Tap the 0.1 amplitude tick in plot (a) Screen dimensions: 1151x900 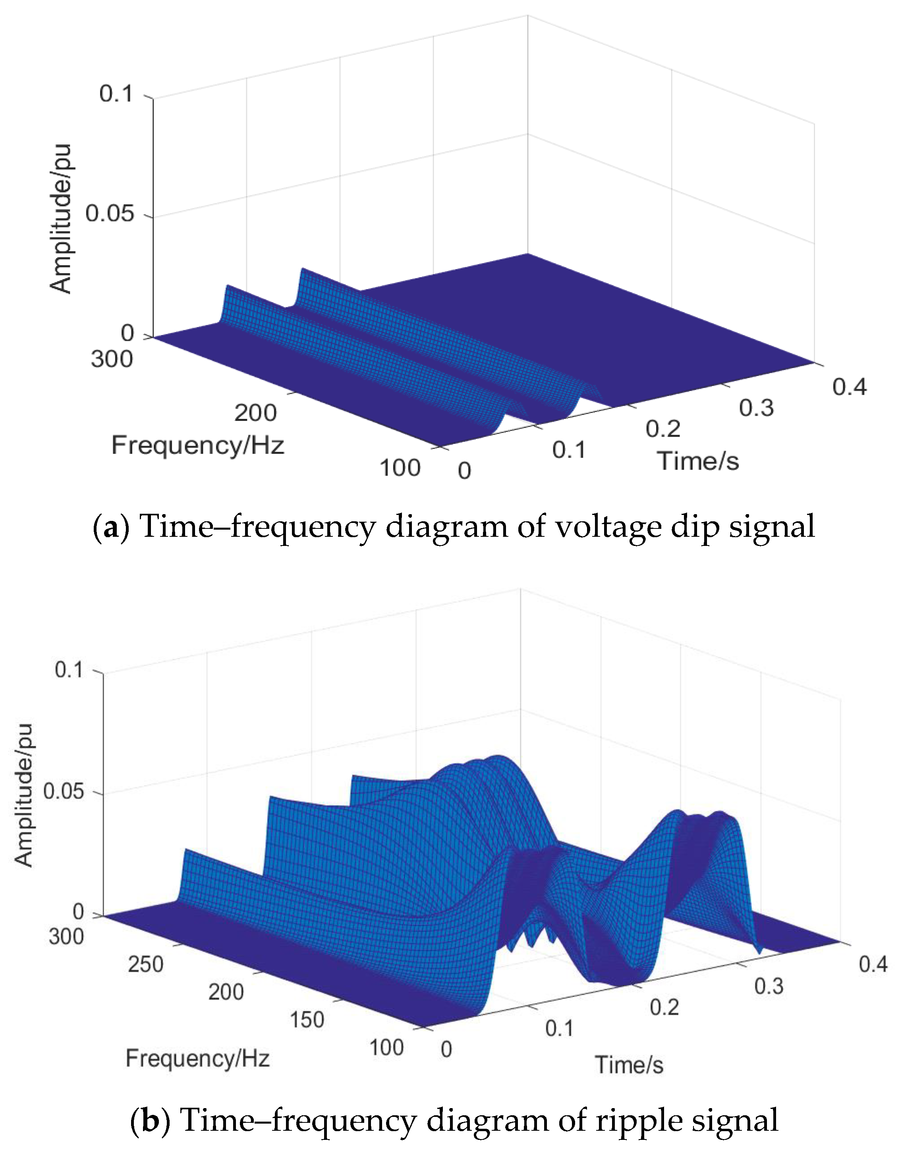coord(116,94)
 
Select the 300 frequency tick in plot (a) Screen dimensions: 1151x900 coord(112,359)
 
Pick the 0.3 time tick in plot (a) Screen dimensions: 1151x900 coord(756,408)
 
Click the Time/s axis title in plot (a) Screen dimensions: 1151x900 coord(697,461)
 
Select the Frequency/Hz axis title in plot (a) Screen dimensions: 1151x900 coord(198,445)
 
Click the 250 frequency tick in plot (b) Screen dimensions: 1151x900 coord(145,964)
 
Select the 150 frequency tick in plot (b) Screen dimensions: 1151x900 coord(307,1020)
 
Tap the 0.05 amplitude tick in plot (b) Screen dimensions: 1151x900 coord(63,792)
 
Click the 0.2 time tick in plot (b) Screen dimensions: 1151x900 coord(664,1007)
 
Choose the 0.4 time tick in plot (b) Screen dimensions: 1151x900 coord(873,964)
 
